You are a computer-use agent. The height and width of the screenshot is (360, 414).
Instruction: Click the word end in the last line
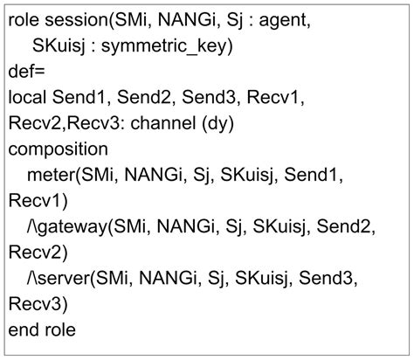[24, 329]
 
